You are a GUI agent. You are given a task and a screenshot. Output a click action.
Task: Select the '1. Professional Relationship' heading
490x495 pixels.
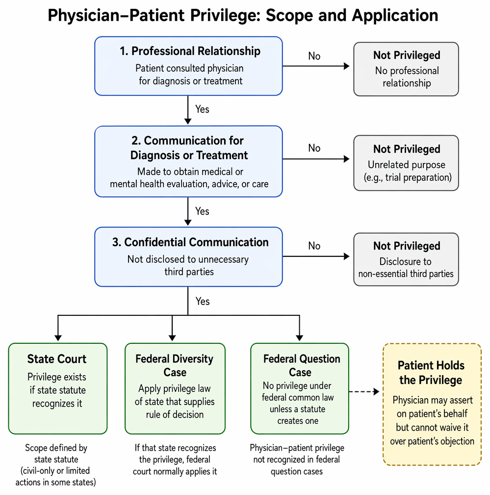(190, 51)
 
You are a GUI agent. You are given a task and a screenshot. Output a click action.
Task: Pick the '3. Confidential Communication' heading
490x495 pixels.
(190, 242)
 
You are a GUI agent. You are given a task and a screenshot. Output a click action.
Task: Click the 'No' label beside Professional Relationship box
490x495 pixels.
(314, 56)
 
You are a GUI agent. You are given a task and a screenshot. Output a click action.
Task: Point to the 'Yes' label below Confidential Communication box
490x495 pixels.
(203, 301)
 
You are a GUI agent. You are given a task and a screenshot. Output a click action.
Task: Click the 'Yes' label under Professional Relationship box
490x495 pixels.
(202, 109)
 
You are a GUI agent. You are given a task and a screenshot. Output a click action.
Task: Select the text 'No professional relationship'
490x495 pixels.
(407, 77)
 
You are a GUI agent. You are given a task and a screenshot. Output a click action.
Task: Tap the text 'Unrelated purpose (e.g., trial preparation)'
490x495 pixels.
(408, 171)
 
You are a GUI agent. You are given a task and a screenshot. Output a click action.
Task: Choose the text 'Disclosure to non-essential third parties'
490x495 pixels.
(406, 267)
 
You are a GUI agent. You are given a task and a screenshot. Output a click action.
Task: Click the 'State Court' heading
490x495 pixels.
(57, 359)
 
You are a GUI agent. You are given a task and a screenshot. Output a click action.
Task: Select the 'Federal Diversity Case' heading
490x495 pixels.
(175, 365)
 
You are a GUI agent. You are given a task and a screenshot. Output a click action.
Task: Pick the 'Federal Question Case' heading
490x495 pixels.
(302, 365)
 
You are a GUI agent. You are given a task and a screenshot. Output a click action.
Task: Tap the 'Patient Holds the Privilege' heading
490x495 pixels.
(431, 373)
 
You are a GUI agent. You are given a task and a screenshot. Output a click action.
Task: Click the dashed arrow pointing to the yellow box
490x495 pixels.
(364, 392)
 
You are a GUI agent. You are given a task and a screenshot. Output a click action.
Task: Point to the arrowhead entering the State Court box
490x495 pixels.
(58, 338)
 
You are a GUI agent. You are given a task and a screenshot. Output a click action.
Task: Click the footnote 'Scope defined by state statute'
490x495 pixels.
(56, 454)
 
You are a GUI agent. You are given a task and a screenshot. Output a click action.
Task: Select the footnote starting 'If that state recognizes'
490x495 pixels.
(175, 460)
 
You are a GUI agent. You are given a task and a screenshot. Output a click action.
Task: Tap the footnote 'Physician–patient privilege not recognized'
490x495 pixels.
(297, 454)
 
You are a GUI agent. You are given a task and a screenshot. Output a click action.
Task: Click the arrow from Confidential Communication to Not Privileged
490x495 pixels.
(316, 256)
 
